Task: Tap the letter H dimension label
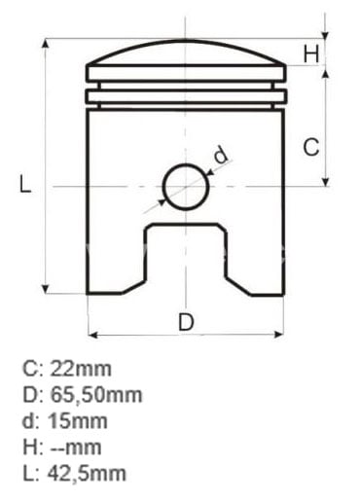[311, 54]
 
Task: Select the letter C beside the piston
[311, 147]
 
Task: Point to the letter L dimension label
[25, 184]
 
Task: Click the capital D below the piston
[186, 322]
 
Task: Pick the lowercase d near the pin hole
[221, 155]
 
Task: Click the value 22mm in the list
[81, 369]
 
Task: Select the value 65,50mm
[96, 395]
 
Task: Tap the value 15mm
[78, 421]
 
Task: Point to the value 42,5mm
[87, 474]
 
